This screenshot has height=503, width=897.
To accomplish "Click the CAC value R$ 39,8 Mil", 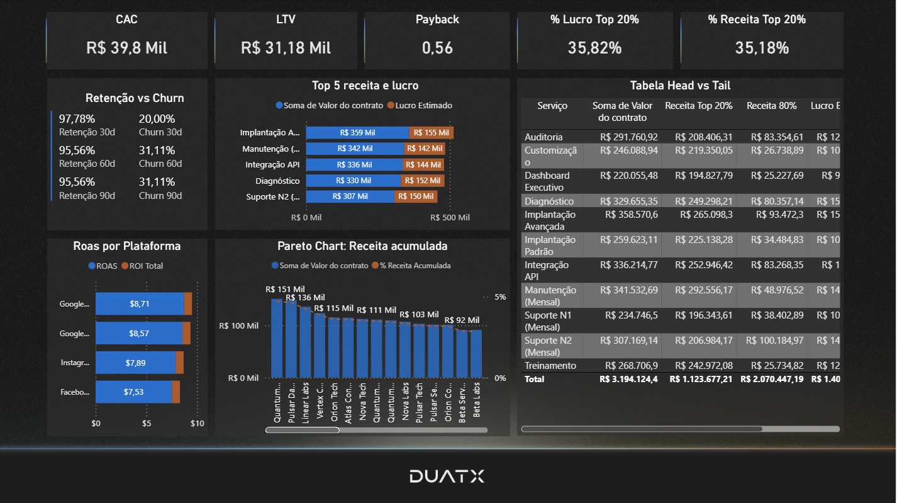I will click(126, 48).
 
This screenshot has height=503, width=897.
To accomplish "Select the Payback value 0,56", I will click(437, 48).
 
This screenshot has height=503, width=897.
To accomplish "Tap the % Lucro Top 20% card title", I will click(594, 20).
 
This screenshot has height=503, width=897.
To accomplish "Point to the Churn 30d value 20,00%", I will click(157, 119).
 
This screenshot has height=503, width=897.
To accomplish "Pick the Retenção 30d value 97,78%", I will click(77, 119).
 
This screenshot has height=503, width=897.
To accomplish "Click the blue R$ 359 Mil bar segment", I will click(357, 133).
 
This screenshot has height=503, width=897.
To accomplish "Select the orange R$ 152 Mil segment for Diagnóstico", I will click(423, 181).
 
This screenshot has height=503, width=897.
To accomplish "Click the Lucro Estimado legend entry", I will click(420, 106).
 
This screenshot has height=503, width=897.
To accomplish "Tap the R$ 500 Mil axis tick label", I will click(450, 217).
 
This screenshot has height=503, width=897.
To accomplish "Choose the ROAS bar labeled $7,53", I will click(133, 392).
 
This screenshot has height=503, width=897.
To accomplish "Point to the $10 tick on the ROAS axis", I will click(197, 424).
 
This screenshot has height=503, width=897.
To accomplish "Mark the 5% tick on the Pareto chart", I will click(499, 297).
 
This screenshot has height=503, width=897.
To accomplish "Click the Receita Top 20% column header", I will click(698, 106).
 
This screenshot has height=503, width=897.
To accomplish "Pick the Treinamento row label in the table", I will click(550, 366).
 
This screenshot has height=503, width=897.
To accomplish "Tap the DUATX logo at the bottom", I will click(447, 476).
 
